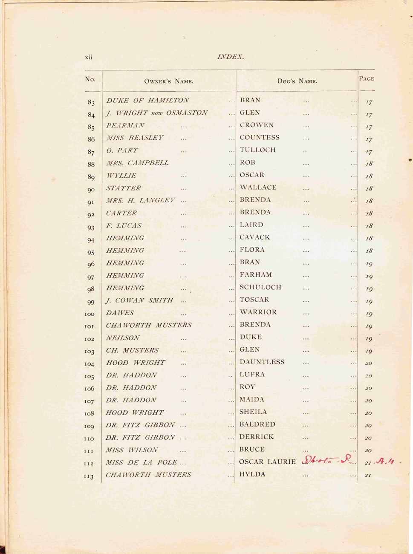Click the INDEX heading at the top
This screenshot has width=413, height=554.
230,57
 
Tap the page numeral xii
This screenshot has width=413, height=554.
89,57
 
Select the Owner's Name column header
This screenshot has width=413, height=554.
168,81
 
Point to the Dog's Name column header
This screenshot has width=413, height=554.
297,81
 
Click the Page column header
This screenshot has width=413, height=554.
366,78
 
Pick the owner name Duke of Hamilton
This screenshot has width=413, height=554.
147,101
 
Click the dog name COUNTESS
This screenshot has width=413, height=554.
260,137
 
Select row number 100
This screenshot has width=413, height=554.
90,314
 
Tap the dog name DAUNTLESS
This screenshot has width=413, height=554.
262,362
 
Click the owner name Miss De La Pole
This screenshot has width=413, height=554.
142,462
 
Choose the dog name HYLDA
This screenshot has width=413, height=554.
252,474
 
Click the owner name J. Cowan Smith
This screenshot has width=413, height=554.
139,300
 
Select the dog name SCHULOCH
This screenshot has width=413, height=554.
260,287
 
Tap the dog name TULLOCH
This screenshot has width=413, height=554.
257,150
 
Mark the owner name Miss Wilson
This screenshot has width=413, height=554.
132,450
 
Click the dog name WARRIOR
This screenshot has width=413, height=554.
258,312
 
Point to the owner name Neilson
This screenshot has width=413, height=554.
123,338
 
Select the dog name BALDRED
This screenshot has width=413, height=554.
257,424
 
